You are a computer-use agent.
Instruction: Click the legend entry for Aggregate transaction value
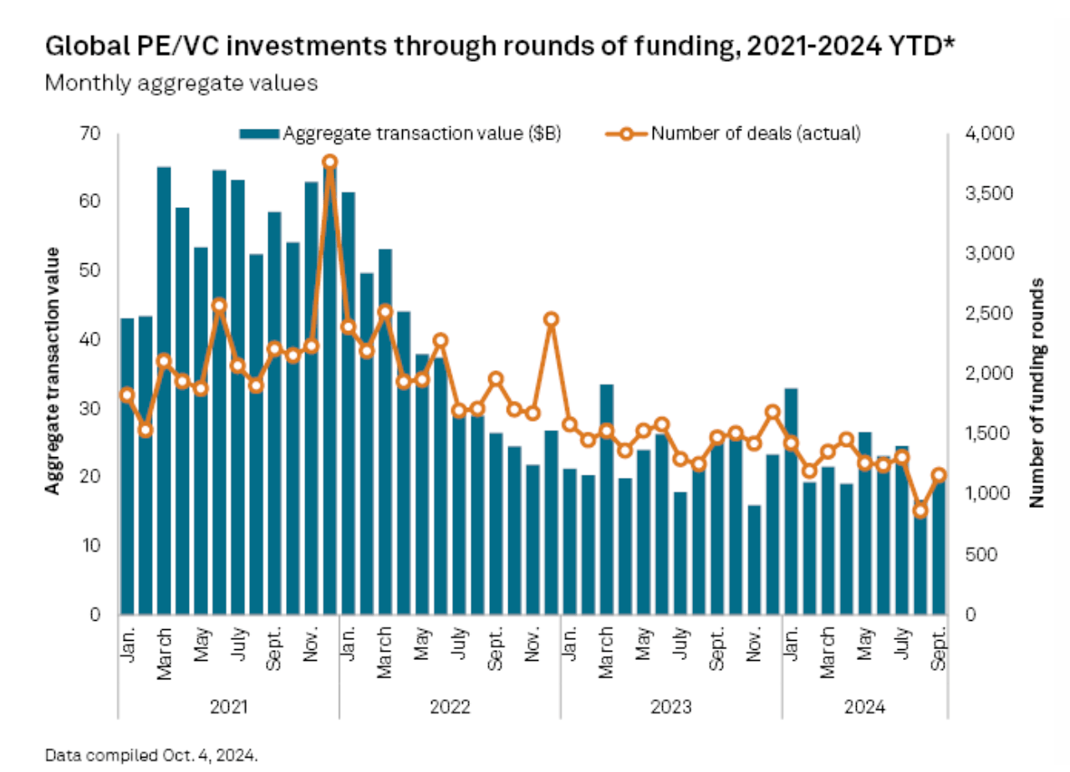tap(400, 133)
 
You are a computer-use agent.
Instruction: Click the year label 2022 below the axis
tap(451, 708)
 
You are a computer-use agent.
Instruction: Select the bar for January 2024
tap(789, 501)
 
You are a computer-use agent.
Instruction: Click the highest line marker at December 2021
tap(329, 161)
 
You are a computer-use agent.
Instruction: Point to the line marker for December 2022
tap(550, 319)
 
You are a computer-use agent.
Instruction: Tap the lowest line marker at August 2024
tap(920, 510)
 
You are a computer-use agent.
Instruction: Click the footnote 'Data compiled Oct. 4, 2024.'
tap(151, 755)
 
